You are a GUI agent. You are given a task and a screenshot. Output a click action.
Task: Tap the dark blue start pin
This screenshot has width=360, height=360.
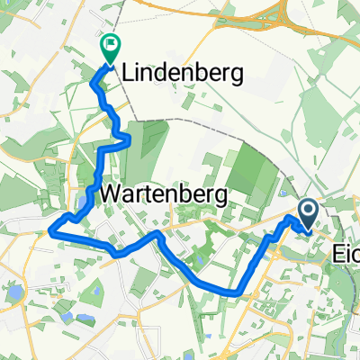308,214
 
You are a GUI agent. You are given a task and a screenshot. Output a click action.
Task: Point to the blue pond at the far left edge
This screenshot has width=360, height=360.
13,292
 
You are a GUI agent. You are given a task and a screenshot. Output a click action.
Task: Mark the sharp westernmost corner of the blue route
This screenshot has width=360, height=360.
50,229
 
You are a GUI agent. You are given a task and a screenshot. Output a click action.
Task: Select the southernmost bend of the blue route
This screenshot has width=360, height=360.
241,291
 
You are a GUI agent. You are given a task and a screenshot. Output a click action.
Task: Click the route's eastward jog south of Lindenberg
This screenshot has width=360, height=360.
130,139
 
